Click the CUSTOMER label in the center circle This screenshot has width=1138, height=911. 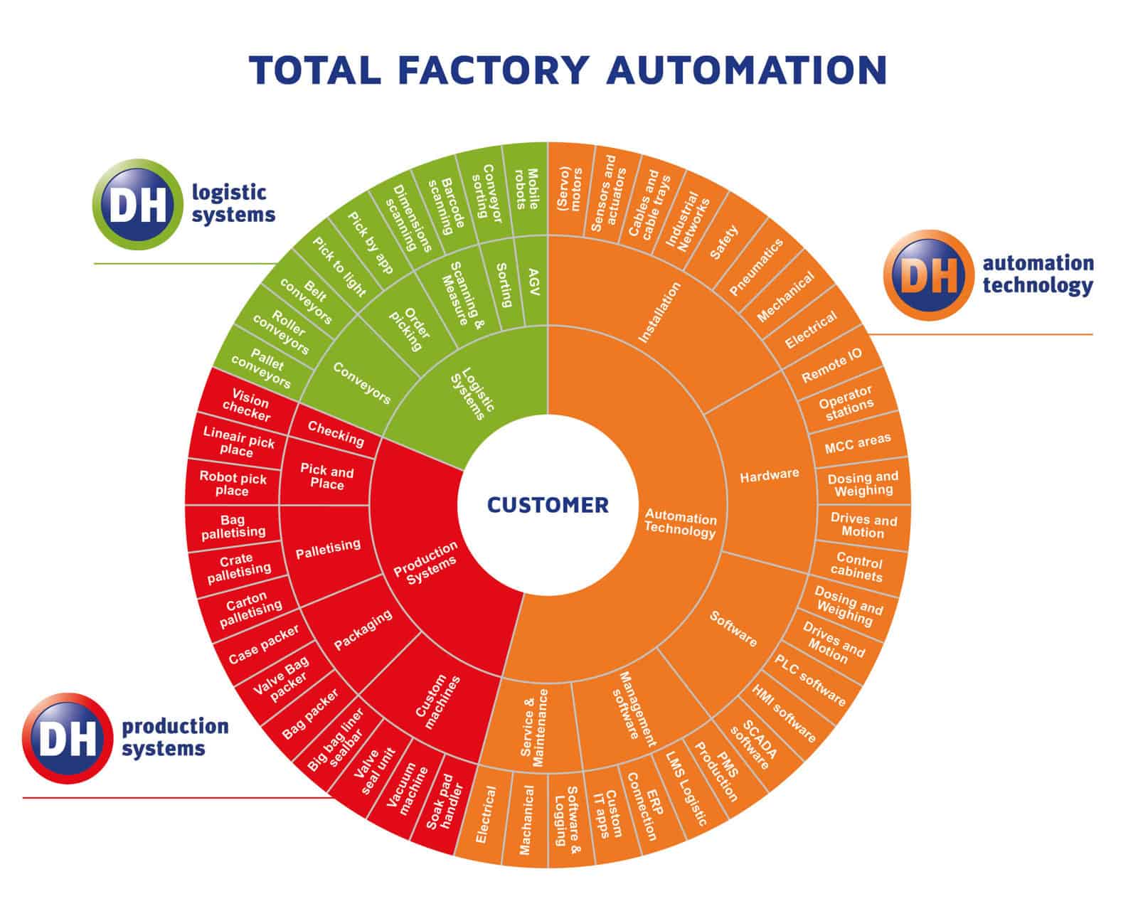(x=548, y=505)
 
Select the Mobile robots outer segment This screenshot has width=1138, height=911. (x=526, y=189)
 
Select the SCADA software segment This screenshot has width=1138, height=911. (x=755, y=745)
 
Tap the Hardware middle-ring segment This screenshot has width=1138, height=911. (x=769, y=476)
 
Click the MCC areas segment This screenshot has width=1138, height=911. (x=857, y=444)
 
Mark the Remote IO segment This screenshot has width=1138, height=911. (x=831, y=366)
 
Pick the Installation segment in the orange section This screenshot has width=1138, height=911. (x=659, y=312)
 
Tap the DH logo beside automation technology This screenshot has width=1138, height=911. (x=928, y=275)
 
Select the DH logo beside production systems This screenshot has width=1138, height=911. (x=68, y=738)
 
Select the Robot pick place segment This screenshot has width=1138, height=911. (x=233, y=484)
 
